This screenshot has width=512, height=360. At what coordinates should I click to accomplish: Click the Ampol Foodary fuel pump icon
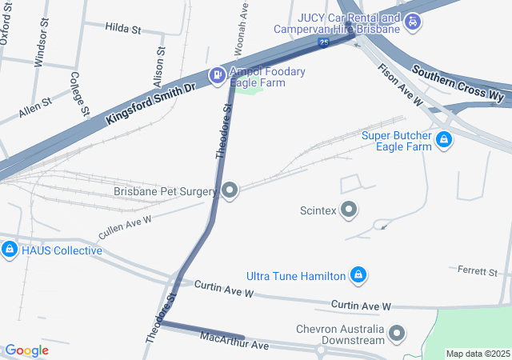(216, 75)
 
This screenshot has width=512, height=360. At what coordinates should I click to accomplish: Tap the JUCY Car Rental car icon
(411, 23)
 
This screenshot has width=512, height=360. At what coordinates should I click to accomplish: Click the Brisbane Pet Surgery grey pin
(230, 190)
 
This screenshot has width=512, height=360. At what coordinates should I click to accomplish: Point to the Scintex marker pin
(349, 210)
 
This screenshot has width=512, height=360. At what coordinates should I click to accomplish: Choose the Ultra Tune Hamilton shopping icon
(359, 276)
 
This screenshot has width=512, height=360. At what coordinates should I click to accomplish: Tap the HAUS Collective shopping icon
(10, 250)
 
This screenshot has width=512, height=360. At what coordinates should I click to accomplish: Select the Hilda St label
(122, 28)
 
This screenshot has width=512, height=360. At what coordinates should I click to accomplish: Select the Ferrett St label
(478, 272)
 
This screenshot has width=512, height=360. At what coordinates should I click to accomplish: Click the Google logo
(26, 350)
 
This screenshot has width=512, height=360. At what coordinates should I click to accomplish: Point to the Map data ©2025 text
(478, 354)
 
